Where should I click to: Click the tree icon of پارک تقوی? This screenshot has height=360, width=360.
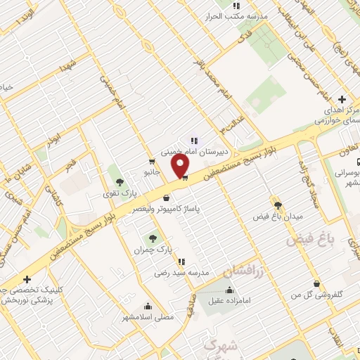120,182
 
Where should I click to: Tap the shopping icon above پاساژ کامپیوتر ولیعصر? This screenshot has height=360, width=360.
166,198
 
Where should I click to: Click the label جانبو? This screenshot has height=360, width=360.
153,171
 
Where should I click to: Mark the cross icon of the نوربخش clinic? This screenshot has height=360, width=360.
27,280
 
